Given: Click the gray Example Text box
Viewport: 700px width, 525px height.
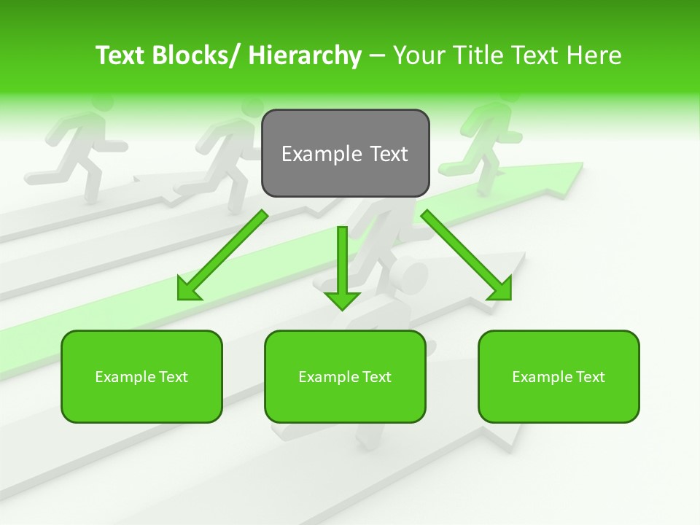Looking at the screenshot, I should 345,153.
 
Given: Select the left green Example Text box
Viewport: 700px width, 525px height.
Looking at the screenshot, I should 141,376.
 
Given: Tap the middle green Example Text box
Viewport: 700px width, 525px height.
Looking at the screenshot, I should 345,376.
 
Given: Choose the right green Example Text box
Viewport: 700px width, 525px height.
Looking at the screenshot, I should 559,376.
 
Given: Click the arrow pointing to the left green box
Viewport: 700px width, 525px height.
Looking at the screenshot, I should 222,255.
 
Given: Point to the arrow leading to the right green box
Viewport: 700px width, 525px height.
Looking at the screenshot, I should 467,255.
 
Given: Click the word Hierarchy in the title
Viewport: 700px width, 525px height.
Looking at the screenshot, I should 304,55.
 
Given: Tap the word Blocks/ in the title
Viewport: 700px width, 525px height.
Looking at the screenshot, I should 197,55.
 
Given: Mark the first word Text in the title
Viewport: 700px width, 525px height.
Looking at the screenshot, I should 122,55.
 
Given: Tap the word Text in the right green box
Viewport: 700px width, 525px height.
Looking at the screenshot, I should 589,376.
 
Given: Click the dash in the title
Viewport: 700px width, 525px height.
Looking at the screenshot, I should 377,56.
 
